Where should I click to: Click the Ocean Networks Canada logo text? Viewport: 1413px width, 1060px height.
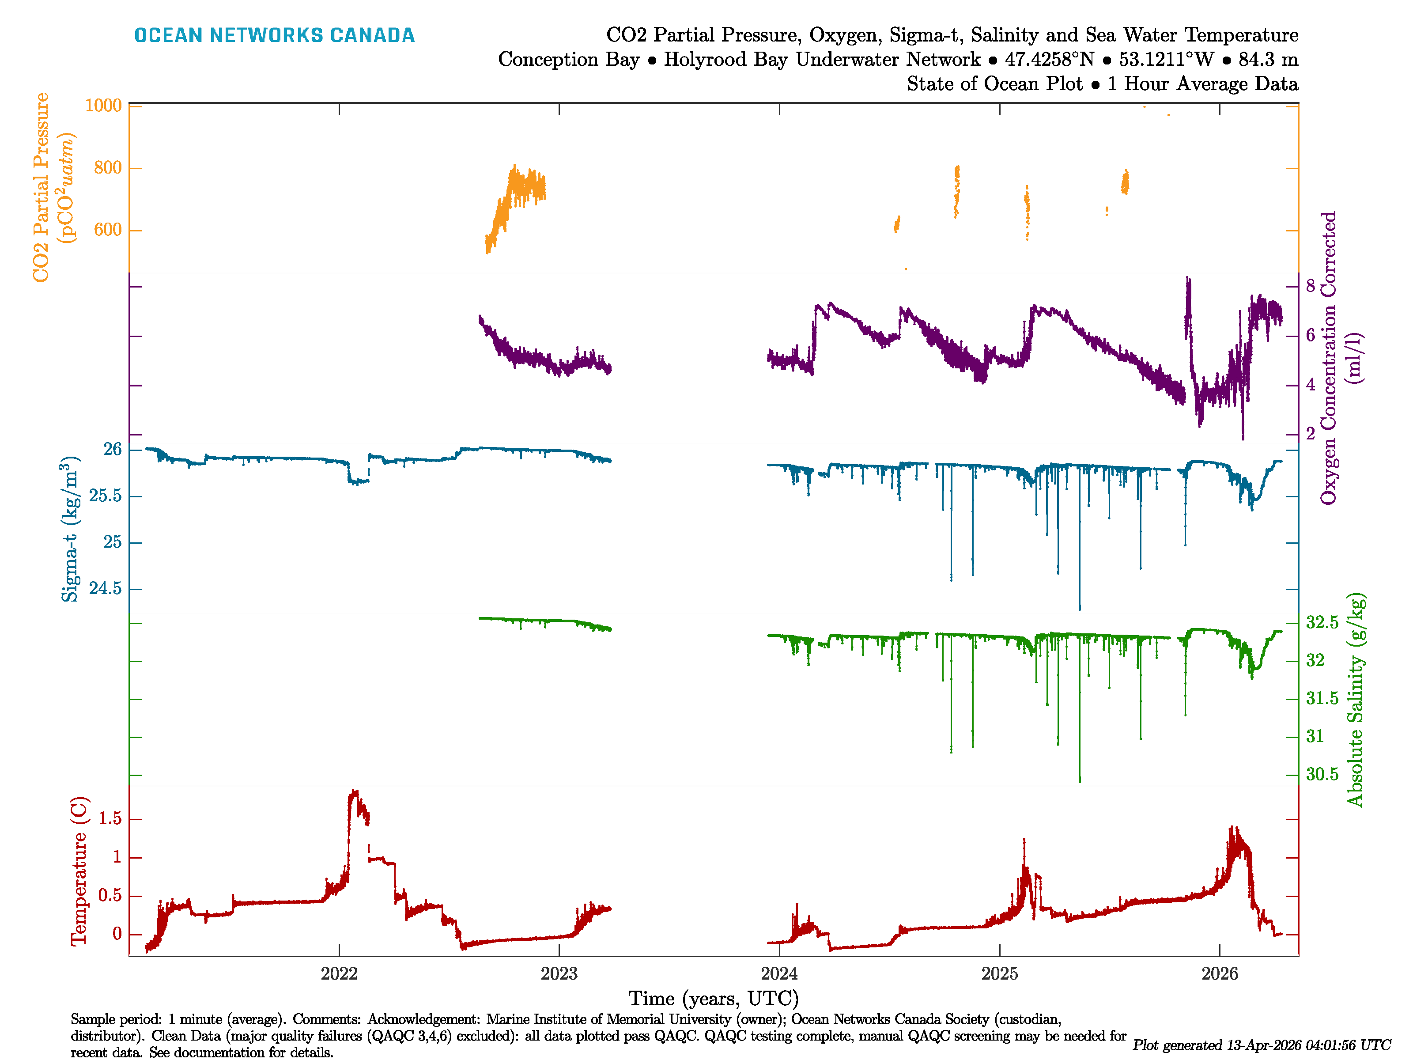[274, 35]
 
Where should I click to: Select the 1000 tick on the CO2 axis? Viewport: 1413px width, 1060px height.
[103, 106]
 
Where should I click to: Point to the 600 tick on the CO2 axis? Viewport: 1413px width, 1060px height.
[107, 230]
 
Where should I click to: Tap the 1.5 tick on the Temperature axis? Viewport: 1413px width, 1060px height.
[110, 819]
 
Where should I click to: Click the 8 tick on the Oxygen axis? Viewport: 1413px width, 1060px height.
[1310, 286]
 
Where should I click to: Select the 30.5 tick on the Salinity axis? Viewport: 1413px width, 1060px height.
[1322, 774]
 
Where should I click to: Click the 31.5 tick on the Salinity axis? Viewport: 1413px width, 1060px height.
[1322, 698]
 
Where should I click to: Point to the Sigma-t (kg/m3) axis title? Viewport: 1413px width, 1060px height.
[70, 529]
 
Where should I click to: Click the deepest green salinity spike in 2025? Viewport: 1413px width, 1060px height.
[1080, 780]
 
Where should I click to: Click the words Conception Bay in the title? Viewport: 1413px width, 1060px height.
[569, 60]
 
